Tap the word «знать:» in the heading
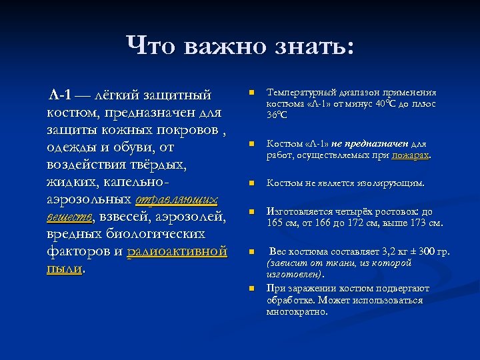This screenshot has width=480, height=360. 314,47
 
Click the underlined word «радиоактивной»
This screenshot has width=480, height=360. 177,251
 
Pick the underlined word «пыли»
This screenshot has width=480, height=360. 65,269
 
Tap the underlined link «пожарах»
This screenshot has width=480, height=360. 411,155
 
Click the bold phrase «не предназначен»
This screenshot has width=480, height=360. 369,144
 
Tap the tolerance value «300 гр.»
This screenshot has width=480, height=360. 434,252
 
